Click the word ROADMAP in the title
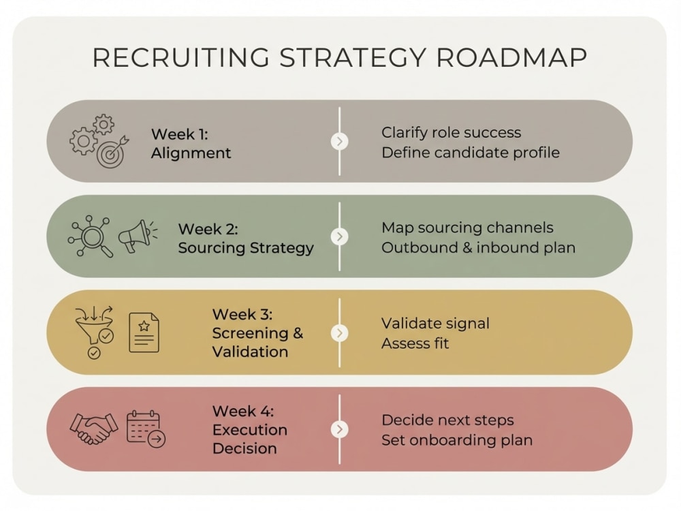(511, 58)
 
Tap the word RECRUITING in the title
(181, 58)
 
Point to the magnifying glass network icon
(91, 236)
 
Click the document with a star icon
(144, 332)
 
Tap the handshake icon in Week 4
(94, 429)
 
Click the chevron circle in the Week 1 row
(340, 142)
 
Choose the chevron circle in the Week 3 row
(340, 333)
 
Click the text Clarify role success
(451, 133)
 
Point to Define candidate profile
(471, 153)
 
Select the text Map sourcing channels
(467, 228)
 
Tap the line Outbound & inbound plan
(478, 248)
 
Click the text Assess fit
(415, 343)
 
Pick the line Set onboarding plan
(457, 440)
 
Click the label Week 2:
(208, 229)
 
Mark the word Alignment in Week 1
(191, 153)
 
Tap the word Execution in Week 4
(250, 430)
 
